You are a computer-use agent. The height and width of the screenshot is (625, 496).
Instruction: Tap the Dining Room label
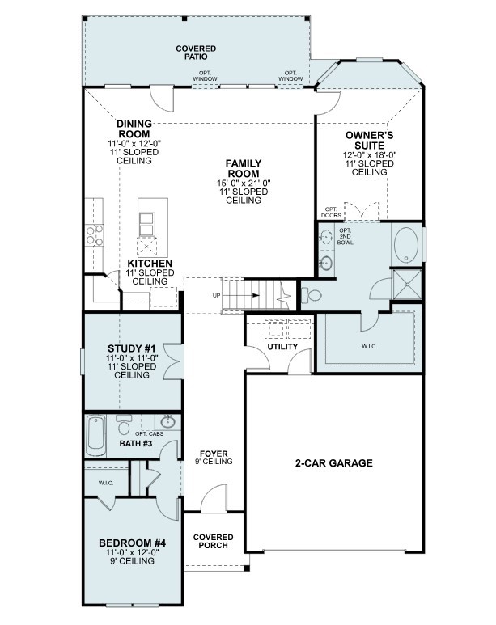click(134, 129)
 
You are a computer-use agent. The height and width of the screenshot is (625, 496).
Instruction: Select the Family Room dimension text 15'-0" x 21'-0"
click(243, 183)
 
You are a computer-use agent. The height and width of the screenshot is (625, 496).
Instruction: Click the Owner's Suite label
click(370, 140)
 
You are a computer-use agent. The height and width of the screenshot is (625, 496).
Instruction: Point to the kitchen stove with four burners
click(95, 234)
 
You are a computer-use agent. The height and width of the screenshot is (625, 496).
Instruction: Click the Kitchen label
click(150, 264)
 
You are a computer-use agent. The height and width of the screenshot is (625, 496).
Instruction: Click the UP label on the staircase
click(216, 295)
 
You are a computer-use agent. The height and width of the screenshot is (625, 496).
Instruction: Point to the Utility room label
click(283, 347)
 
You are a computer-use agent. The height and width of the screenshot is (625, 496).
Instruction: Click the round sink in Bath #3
click(168, 421)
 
